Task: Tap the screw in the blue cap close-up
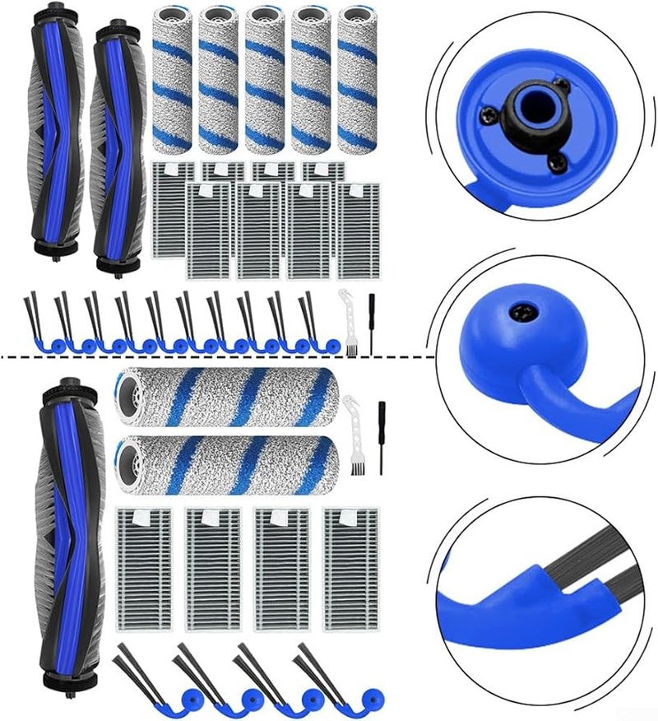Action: tap(520, 311)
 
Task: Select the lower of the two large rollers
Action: tap(227, 464)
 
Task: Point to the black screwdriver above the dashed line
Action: tap(371, 323)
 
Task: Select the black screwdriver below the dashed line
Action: tap(381, 436)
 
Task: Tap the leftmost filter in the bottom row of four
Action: tap(144, 568)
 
